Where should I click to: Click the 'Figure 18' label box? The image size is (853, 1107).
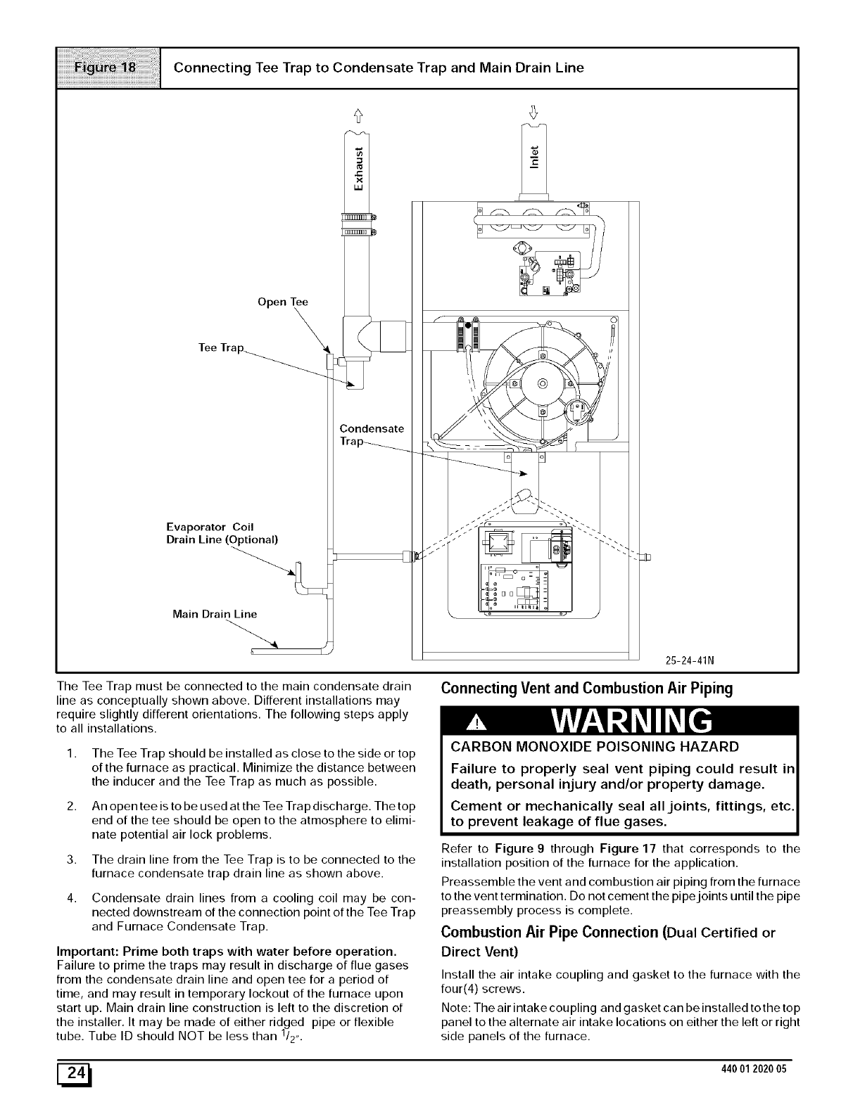point(108,68)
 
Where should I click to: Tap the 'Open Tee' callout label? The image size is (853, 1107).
point(283,302)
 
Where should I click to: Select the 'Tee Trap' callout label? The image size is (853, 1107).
point(221,348)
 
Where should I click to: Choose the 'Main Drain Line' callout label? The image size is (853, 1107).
point(215,614)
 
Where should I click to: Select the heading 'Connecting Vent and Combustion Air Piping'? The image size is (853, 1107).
point(587,689)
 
